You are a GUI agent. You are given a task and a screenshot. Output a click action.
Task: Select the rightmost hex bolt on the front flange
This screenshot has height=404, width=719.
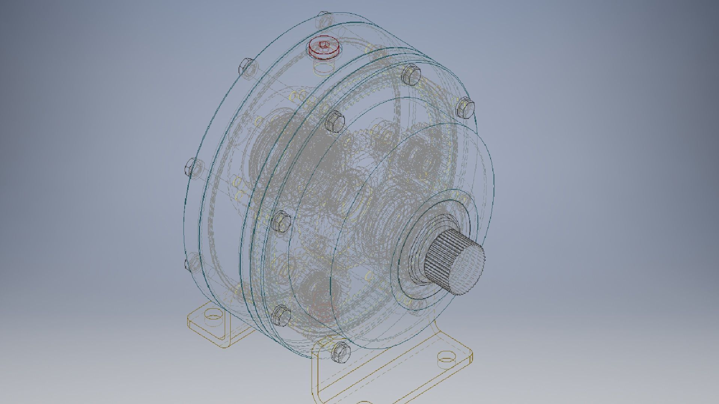point(466,107)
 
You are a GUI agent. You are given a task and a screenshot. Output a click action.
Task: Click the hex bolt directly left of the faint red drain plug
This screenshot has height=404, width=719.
point(282,315)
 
